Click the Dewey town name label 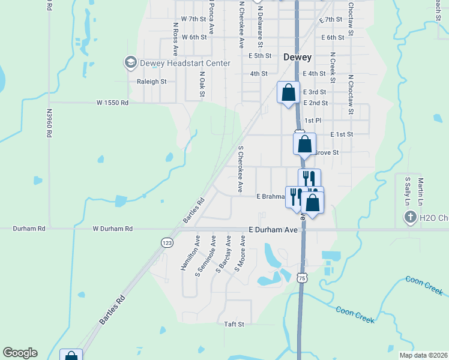[297, 58]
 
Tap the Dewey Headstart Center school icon [130, 62]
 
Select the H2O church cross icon [411, 217]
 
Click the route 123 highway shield [167, 242]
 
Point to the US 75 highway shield [302, 277]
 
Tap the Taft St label [234, 324]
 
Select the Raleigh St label [151, 82]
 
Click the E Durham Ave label [273, 229]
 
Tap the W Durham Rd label [112, 229]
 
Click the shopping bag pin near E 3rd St [288, 93]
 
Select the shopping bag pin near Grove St [304, 144]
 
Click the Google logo [20, 353]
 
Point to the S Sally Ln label [407, 188]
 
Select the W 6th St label [194, 37]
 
